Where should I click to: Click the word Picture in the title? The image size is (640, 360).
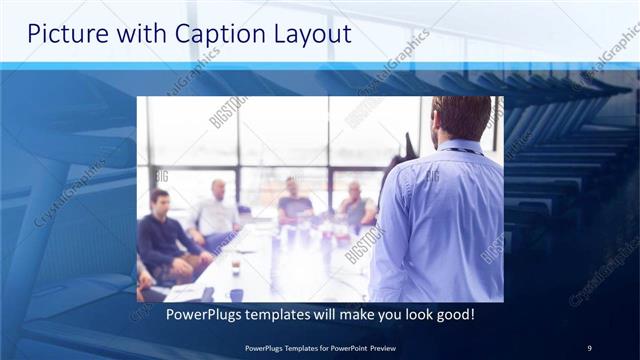tap(63, 33)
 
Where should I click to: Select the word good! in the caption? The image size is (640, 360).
tap(452, 315)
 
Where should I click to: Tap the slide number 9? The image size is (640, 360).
tap(589, 347)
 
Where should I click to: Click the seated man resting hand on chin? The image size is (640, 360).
tap(355, 205)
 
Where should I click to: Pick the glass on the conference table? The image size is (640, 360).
tap(236, 266)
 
